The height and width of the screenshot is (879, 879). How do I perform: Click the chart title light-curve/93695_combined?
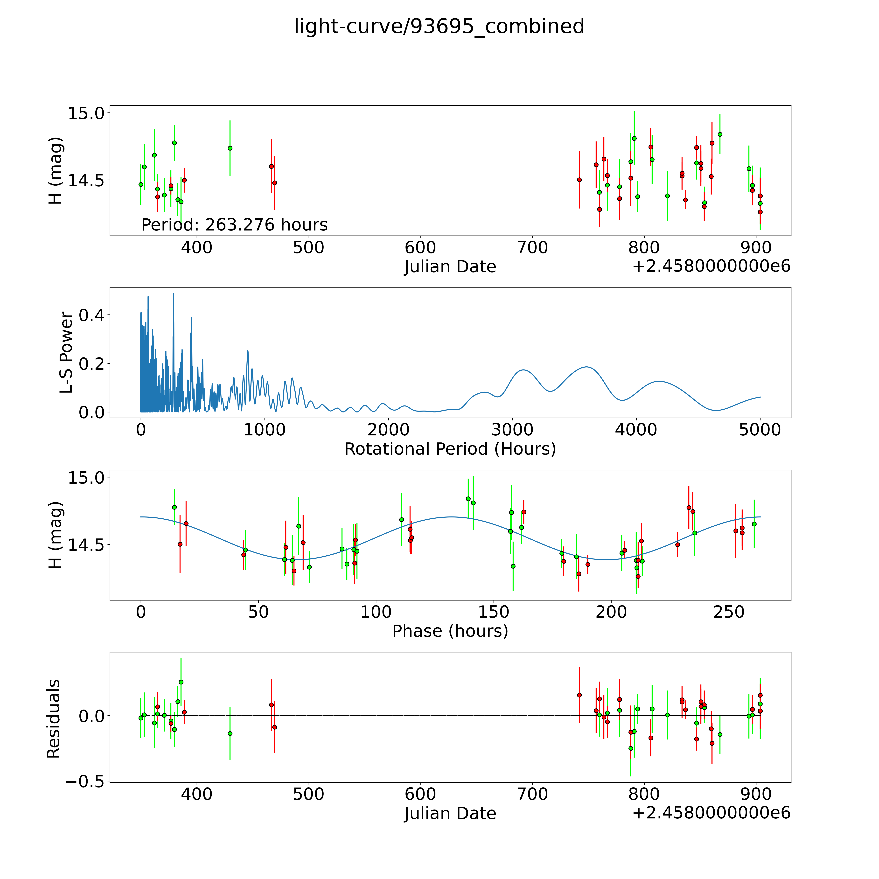(x=439, y=26)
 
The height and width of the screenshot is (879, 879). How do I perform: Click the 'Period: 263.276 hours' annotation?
(x=234, y=225)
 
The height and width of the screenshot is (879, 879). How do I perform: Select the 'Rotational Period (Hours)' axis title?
(x=450, y=449)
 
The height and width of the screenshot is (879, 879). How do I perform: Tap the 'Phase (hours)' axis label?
(x=450, y=631)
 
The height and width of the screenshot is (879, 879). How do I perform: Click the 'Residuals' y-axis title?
(x=54, y=719)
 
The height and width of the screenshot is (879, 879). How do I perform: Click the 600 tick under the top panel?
(x=420, y=248)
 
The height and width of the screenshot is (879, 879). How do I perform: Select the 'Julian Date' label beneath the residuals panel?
(x=450, y=814)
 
